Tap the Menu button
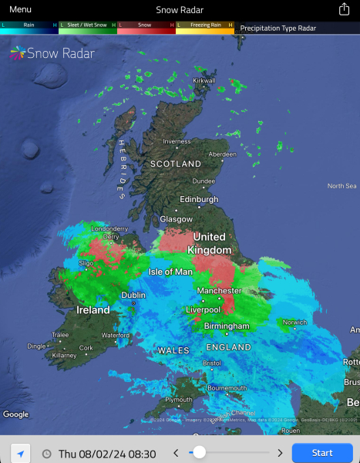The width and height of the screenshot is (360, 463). (20, 9)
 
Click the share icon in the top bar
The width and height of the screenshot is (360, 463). (344, 9)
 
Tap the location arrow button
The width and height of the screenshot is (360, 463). (21, 453)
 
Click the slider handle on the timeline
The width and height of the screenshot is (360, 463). (199, 452)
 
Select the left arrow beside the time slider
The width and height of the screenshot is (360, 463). (175, 453)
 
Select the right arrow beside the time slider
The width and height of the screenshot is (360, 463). (279, 453)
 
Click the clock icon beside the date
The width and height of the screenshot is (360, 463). (46, 454)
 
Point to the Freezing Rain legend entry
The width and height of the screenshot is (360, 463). (205, 25)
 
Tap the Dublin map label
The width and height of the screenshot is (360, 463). (133, 295)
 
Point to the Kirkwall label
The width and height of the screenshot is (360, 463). (204, 80)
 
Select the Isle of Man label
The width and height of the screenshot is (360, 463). (170, 272)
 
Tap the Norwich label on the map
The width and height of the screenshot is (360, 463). (294, 323)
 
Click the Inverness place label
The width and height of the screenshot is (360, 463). (176, 141)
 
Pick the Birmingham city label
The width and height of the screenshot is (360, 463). (227, 326)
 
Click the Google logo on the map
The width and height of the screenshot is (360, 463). (15, 414)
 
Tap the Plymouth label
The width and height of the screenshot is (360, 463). (179, 400)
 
